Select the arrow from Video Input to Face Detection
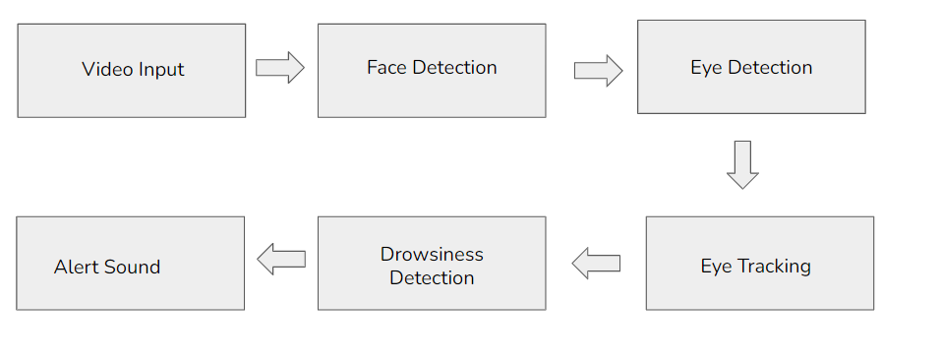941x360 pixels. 280,68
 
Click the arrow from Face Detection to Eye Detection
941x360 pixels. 598,71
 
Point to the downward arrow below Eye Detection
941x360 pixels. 742,164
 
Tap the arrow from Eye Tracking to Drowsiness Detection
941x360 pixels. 596,263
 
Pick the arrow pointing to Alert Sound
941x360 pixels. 281,259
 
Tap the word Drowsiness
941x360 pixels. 432,254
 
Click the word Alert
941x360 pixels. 76,267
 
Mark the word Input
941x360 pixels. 160,70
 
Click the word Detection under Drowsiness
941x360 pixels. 432,277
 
